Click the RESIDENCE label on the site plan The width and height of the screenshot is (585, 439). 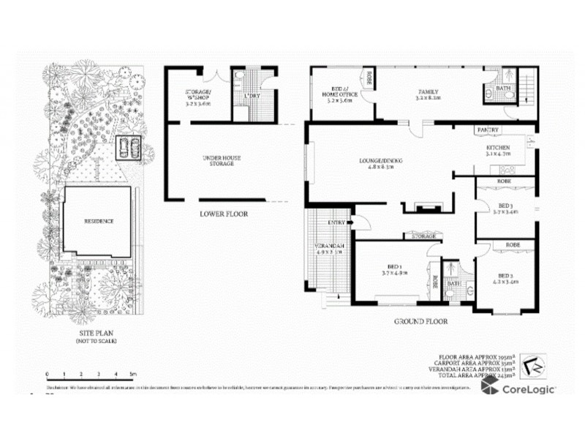click(99, 222)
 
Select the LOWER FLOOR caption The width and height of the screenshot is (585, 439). click(224, 214)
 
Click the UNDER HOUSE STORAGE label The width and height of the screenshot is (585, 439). click(221, 160)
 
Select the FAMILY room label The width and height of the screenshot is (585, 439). click(428, 91)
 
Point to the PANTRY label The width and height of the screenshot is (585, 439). click(488, 130)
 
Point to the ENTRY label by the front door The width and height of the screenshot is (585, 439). click(337, 222)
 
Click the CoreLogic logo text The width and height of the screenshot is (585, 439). click(528, 389)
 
